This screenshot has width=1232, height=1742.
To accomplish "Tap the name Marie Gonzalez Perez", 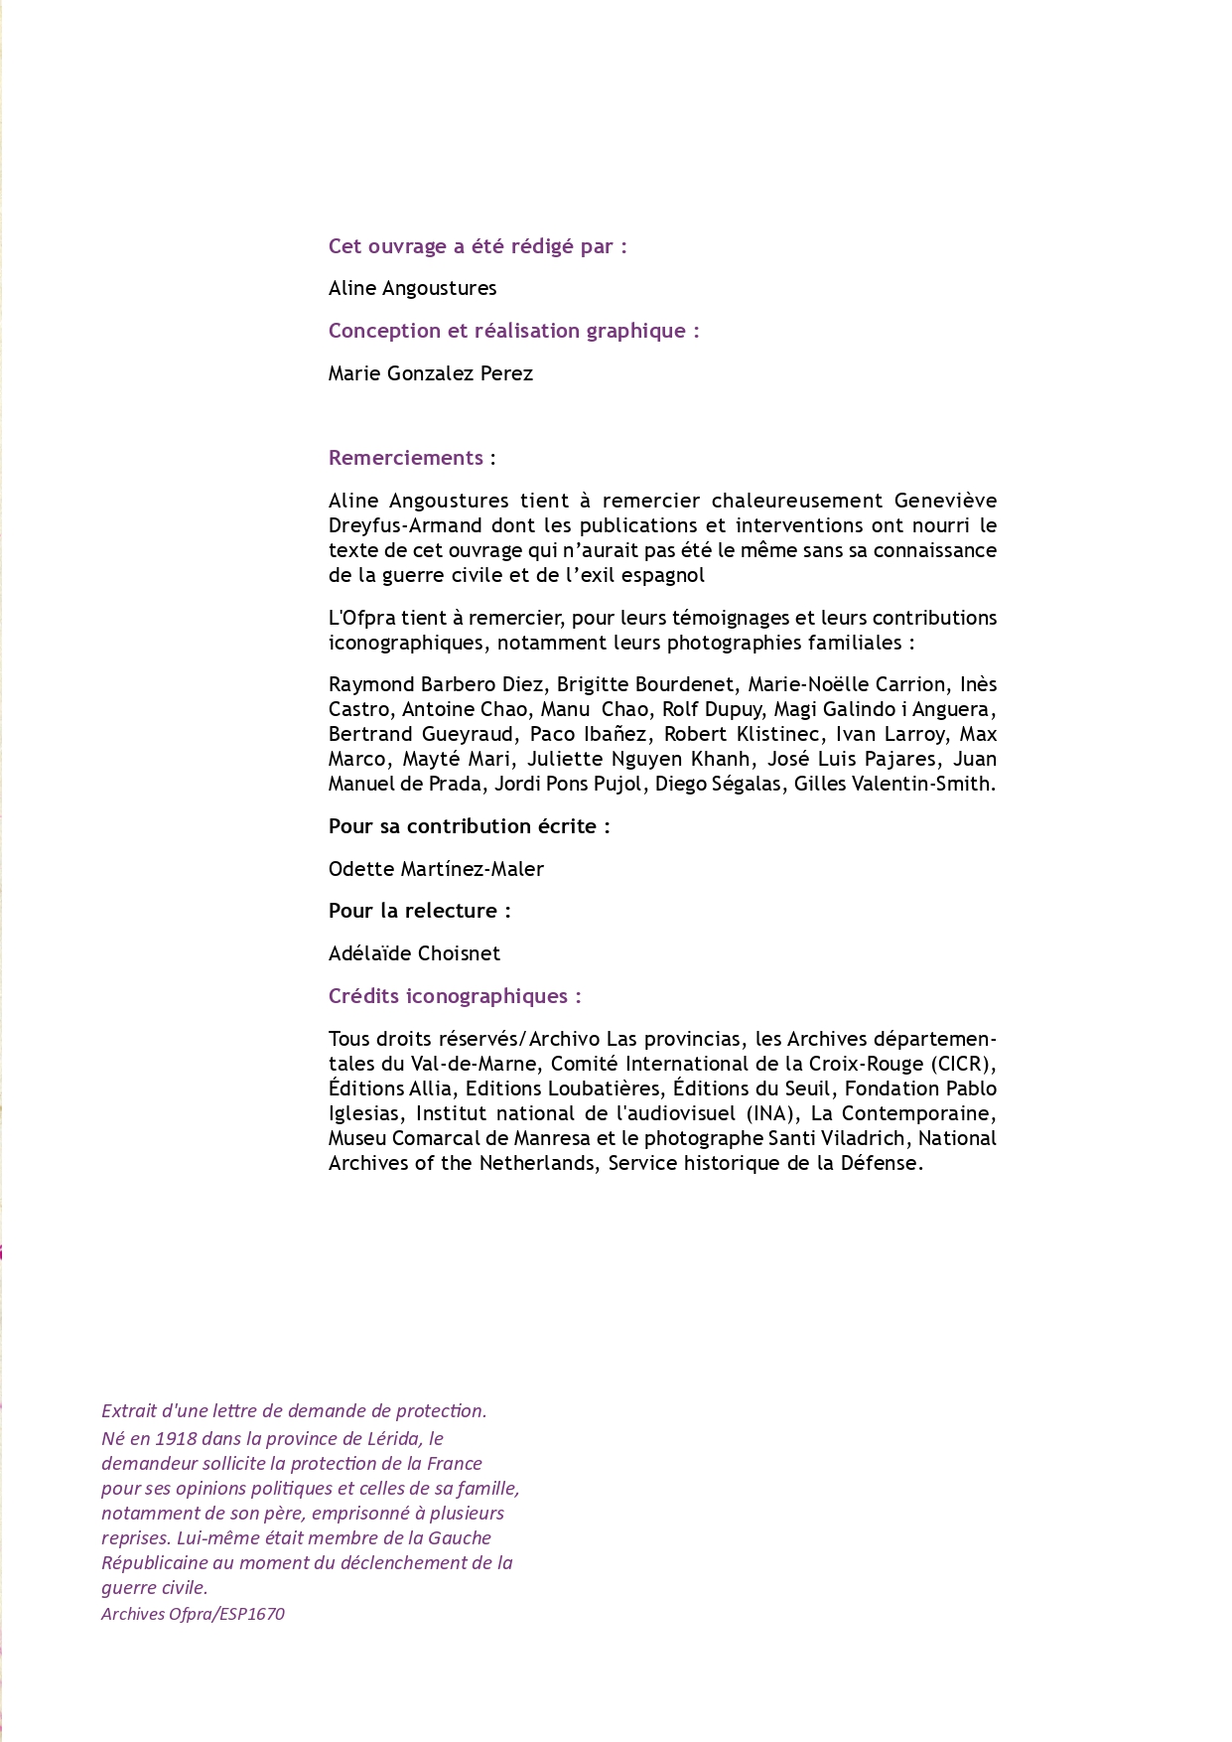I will pyautogui.click(x=431, y=373).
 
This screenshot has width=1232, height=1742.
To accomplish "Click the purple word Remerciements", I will pyautogui.click(x=406, y=458).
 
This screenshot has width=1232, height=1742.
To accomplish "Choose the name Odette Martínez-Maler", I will pyautogui.click(x=436, y=869).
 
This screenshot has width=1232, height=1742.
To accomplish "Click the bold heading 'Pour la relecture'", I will pyautogui.click(x=419, y=911).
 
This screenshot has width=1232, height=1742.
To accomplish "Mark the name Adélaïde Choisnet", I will pyautogui.click(x=414, y=953).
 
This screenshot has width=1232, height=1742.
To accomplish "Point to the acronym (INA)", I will pyautogui.click(x=772, y=1113).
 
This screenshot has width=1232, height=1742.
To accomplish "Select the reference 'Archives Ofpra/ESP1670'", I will pyautogui.click(x=193, y=1614).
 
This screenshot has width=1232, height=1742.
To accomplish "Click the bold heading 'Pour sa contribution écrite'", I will pyautogui.click(x=469, y=826).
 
